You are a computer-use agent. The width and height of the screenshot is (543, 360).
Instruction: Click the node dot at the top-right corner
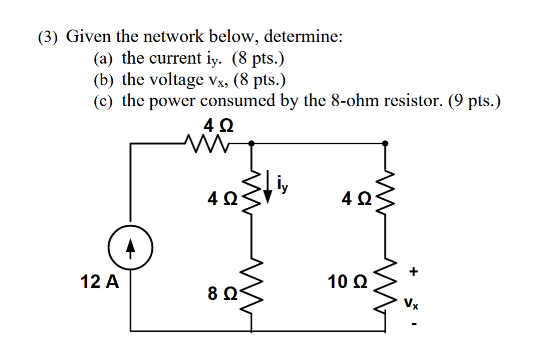click(385, 143)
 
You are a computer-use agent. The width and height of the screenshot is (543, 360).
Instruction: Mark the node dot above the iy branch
click(251, 143)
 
